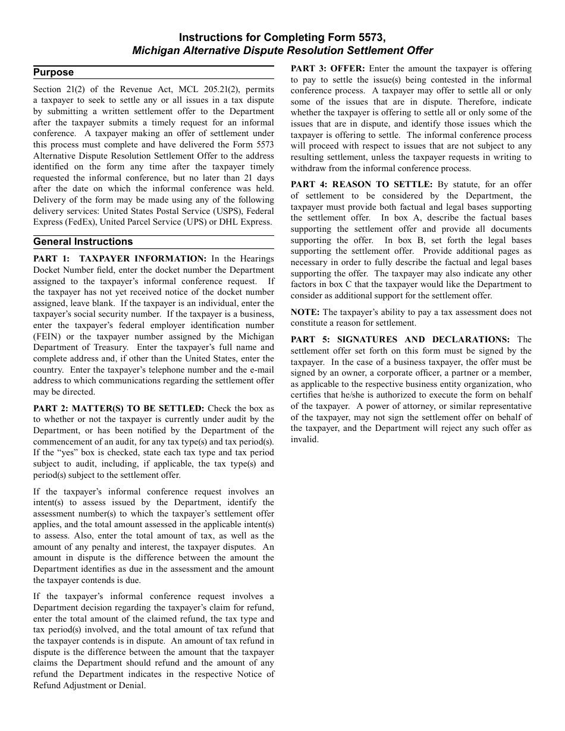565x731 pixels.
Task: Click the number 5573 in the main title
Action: click(362, 37)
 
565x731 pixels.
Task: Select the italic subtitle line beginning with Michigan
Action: click(282, 51)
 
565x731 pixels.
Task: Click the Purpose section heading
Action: click(54, 73)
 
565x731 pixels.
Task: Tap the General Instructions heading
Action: click(83, 242)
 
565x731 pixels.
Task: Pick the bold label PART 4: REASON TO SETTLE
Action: click(362, 185)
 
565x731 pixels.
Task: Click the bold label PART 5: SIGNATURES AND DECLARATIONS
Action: click(400, 340)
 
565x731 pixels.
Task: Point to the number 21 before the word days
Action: click(247, 178)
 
